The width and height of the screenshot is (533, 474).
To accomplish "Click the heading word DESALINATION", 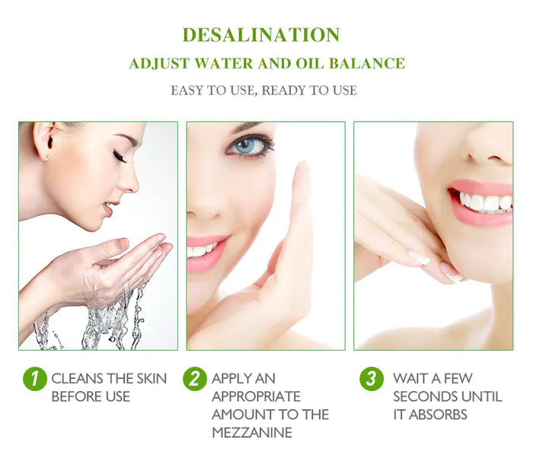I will tap(261, 35).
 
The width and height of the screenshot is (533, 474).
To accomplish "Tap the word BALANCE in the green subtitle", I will tap(372, 63).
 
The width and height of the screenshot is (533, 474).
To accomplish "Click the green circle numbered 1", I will tap(34, 379).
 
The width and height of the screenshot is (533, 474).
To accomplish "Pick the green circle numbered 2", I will tap(195, 379).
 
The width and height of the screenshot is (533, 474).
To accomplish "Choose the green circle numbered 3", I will tap(372, 379).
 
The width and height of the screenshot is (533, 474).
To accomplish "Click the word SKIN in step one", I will tap(151, 378).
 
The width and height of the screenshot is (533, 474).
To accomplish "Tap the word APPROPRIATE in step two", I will tap(256, 396).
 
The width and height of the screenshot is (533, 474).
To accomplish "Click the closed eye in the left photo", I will tap(120, 157).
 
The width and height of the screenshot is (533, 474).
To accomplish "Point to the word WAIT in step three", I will tap(410, 378).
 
